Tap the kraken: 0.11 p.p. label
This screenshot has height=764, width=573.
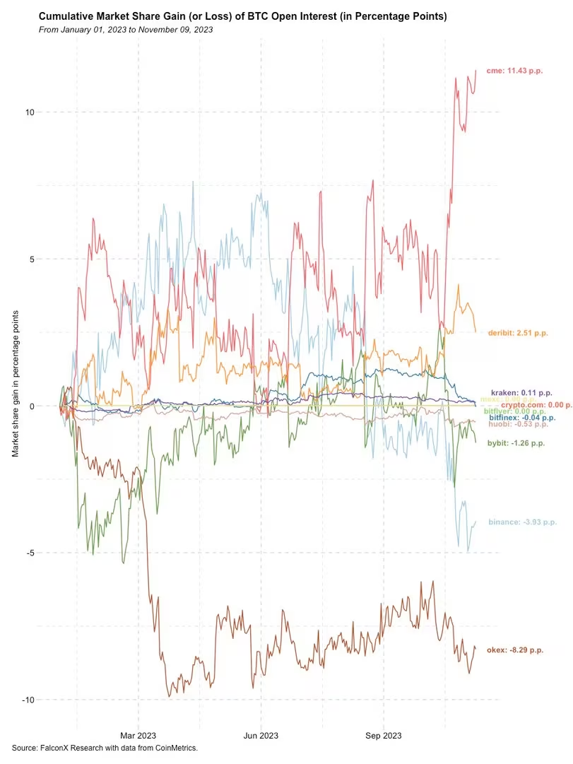[521, 392]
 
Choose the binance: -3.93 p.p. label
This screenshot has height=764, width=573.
[522, 522]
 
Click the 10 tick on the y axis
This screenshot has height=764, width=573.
[32, 112]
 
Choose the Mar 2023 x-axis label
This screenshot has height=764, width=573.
[138, 736]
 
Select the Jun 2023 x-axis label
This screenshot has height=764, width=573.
[261, 736]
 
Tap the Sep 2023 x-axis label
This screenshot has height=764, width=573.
[383, 736]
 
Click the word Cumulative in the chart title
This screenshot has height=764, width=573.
[67, 16]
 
